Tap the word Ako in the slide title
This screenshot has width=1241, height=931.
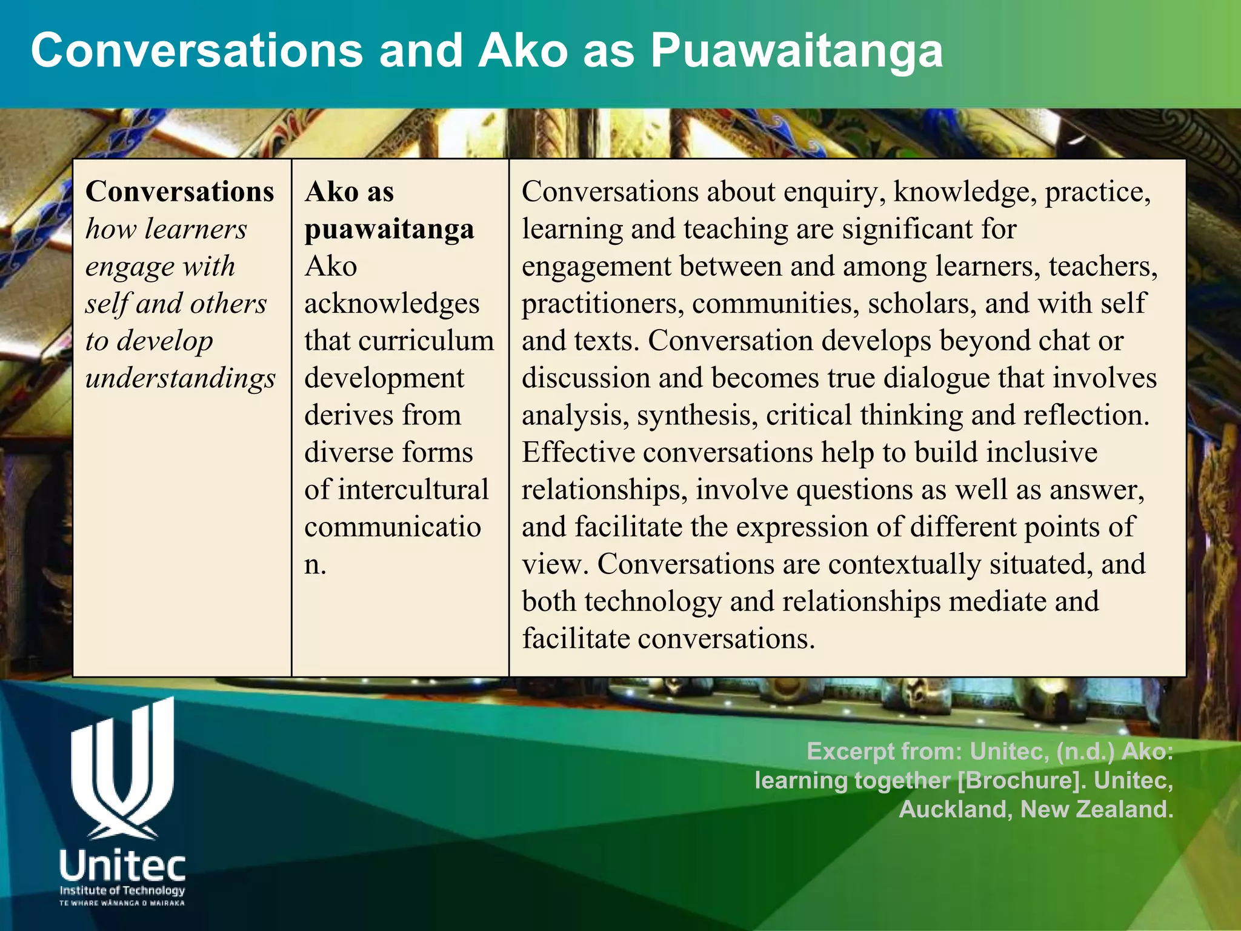point(523,51)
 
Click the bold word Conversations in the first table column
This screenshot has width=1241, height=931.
point(180,192)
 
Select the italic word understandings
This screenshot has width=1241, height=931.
point(181,379)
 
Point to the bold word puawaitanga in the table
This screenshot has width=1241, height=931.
point(389,230)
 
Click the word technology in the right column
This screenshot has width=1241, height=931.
point(653,602)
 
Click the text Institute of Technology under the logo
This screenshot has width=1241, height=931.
point(122,890)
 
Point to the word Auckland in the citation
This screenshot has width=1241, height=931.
point(952,810)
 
